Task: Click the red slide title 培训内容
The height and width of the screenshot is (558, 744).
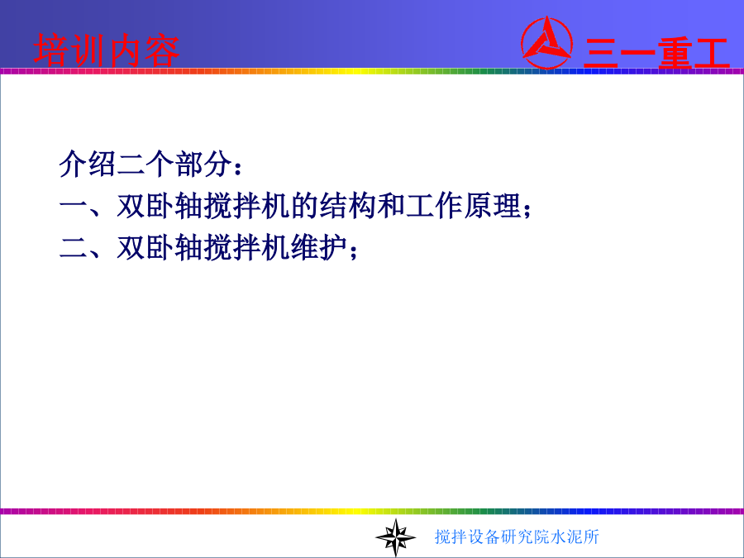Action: point(107,50)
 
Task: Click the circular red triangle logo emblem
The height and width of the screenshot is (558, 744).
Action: point(546,43)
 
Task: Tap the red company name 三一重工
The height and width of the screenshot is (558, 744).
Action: point(656,53)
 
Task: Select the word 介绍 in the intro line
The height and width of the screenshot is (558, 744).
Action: point(88,165)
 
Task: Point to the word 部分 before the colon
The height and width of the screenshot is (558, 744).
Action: point(203,165)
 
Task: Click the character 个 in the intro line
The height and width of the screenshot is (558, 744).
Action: point(160,165)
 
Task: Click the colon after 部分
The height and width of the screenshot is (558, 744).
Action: point(238,167)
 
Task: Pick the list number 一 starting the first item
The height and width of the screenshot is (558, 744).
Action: point(74,206)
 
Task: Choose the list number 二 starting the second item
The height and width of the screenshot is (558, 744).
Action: point(74,247)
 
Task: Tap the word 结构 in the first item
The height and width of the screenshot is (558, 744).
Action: point(348,206)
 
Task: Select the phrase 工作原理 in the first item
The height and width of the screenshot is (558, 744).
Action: point(464,206)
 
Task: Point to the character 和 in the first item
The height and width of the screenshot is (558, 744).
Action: point(392,206)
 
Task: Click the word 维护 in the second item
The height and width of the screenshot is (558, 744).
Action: point(319,247)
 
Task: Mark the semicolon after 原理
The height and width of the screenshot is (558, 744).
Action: point(527,209)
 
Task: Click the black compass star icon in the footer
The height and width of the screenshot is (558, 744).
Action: point(395,537)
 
